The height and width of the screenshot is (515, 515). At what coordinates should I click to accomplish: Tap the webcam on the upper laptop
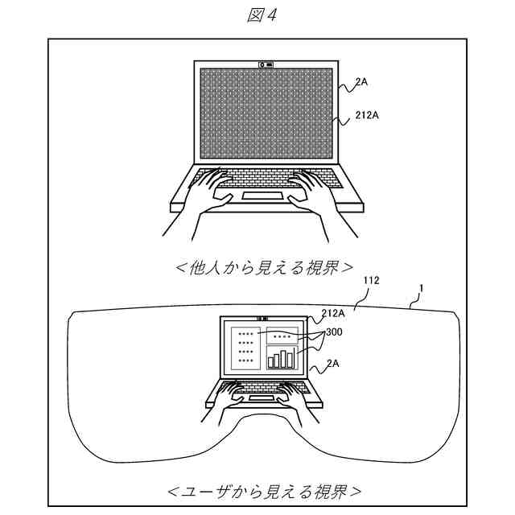pos(265,63)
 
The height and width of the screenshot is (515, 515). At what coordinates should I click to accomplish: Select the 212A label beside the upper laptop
pos(366,116)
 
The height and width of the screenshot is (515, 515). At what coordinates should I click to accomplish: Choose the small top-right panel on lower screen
pos(282,336)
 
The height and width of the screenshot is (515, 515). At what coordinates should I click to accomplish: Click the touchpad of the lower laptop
pos(259,398)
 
